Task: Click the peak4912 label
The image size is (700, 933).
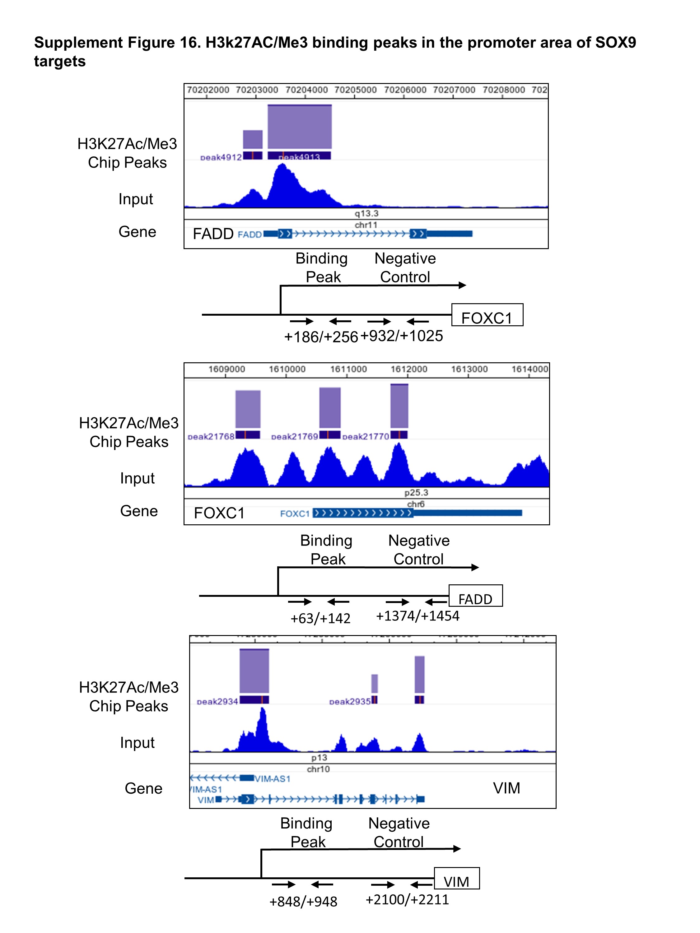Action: (x=221, y=157)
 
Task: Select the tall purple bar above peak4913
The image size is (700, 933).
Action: (x=300, y=127)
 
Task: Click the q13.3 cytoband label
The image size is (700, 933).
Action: (x=366, y=213)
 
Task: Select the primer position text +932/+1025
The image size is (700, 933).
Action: (x=402, y=336)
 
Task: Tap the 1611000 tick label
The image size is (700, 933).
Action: (x=348, y=369)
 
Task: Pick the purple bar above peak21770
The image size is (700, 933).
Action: (x=399, y=406)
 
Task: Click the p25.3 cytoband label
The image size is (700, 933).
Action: (x=416, y=492)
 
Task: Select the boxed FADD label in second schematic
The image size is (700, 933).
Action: (x=475, y=599)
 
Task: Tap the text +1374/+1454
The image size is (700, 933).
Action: (x=417, y=616)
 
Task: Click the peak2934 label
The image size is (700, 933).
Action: (x=217, y=701)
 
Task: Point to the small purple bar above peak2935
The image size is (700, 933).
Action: (x=375, y=683)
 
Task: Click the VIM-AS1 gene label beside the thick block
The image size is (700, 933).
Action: (x=273, y=779)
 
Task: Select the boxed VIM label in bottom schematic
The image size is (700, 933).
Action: (x=456, y=882)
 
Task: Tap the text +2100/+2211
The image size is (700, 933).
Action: (x=407, y=899)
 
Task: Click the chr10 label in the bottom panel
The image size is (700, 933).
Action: (x=318, y=769)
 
